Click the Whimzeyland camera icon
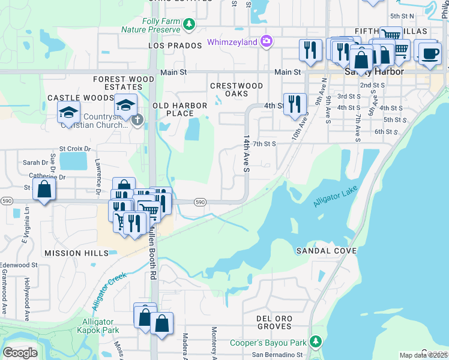point(267,42)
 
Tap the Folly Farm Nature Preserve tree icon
point(190,25)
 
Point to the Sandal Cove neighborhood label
point(327,250)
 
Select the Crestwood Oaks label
point(237,89)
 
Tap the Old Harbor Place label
point(180,109)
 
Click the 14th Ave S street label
point(246,154)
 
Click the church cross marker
point(137,120)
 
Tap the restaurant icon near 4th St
point(294,104)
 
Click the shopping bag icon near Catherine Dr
point(44,190)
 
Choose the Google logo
point(20,353)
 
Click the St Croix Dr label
point(74,148)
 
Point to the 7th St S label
point(264,144)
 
